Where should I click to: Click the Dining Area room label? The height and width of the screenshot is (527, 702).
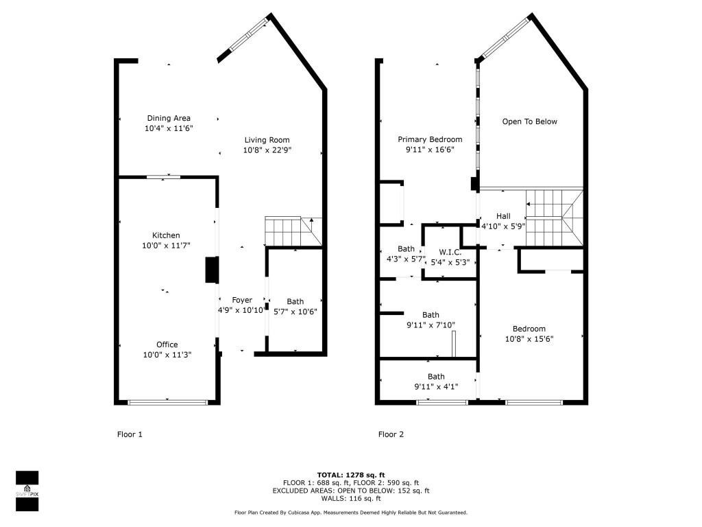(168, 118)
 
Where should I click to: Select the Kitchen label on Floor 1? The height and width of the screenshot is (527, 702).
(167, 235)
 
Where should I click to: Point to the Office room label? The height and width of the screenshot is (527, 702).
(167, 344)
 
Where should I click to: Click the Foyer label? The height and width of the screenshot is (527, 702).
(241, 300)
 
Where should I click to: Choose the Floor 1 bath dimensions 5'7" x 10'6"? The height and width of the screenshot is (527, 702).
(295, 312)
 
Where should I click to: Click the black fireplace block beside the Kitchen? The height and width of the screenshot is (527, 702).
(211, 270)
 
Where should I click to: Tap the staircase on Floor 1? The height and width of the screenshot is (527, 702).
(292, 231)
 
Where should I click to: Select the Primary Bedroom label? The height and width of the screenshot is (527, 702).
(430, 139)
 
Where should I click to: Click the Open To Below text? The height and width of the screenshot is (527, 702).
(529, 121)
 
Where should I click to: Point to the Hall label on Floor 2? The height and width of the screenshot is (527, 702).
(503, 216)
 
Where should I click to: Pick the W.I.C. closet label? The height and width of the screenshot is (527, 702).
(450, 252)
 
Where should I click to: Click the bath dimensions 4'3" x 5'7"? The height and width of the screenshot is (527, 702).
(406, 259)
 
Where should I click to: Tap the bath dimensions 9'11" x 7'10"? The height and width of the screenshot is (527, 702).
(431, 325)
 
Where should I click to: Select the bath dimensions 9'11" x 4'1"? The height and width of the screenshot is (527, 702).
(436, 386)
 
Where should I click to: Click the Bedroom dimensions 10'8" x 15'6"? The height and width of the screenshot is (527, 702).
(529, 338)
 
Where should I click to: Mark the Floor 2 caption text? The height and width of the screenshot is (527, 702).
(391, 434)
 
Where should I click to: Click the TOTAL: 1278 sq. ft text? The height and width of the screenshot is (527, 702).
(350, 475)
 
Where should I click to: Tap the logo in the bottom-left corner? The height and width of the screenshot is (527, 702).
(27, 491)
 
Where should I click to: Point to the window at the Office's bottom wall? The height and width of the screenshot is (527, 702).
(167, 402)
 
